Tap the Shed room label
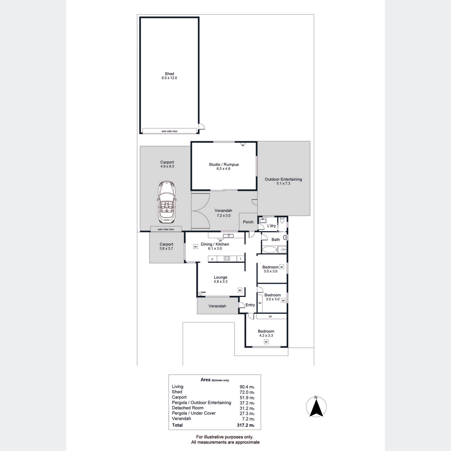(169, 74)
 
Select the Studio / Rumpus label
(224, 165)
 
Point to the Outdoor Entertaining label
(283, 179)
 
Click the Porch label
(248, 222)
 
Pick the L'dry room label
(271, 225)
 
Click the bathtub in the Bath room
(269, 250)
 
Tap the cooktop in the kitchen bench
(227, 258)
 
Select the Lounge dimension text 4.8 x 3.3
(221, 281)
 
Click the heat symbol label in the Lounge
(203, 292)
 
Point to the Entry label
(250, 305)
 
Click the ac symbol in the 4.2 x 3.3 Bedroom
(266, 342)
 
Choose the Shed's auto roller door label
(170, 131)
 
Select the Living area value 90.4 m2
(247, 387)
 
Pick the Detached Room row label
(188, 408)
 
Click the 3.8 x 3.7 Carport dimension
(166, 248)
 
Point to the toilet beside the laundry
(282, 220)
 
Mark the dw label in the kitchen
(221, 241)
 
